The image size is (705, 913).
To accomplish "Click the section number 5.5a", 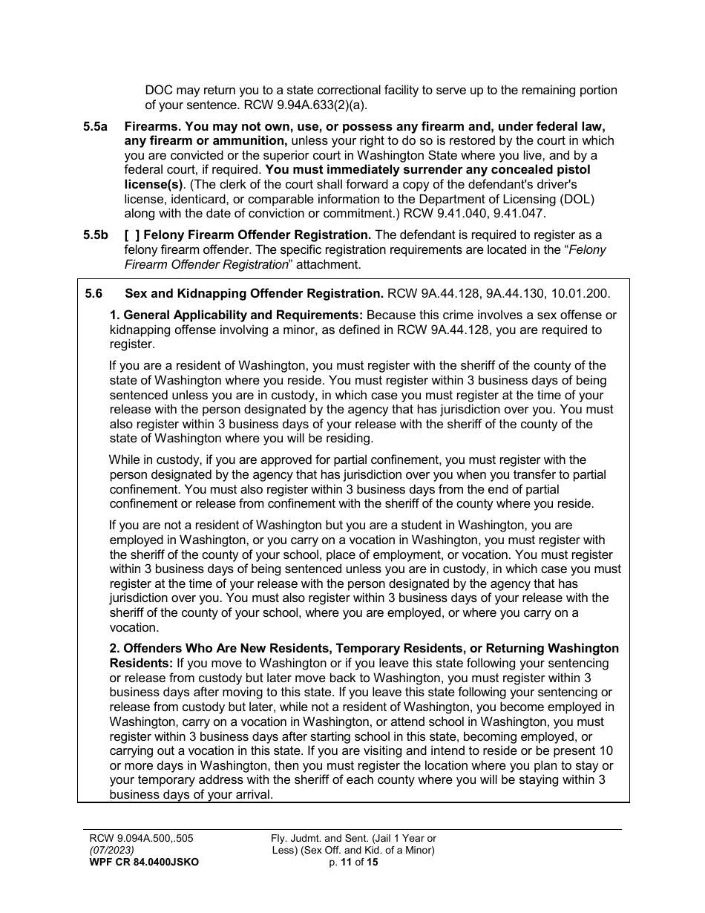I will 95,126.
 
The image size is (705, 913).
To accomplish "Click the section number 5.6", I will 94,293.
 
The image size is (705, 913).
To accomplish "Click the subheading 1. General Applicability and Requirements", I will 237,315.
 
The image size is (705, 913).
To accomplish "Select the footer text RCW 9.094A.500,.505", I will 141,838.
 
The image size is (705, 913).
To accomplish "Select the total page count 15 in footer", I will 372,862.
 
